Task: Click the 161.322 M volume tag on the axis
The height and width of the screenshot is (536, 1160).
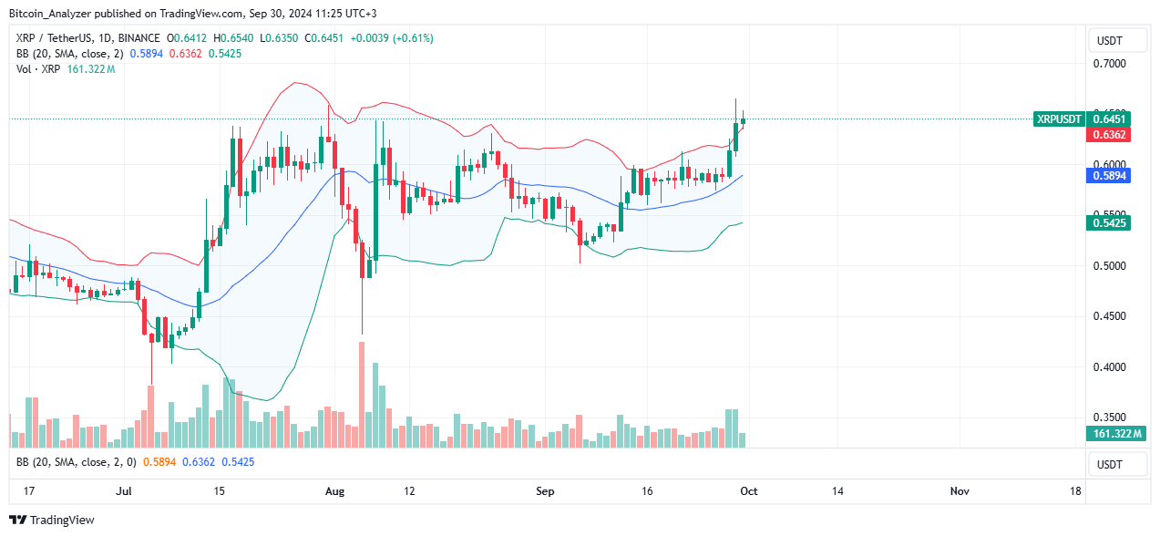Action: [1114, 434]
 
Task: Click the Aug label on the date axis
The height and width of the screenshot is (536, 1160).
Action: [335, 491]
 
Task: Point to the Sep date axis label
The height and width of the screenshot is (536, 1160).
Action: [545, 491]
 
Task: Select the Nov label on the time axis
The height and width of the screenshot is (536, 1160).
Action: [959, 491]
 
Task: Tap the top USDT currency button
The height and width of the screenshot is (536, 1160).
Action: [1118, 41]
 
